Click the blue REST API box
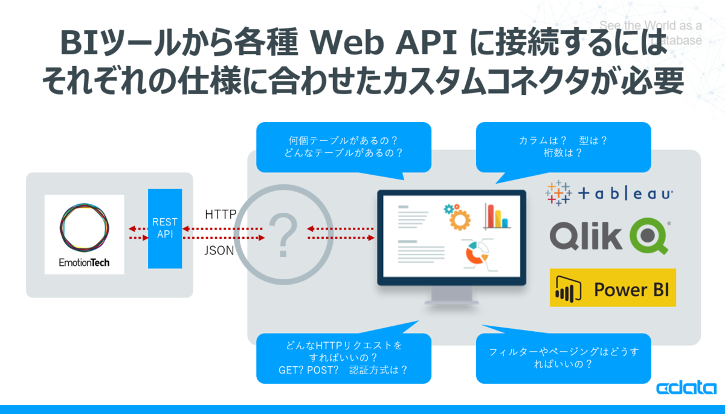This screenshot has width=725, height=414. [165, 228]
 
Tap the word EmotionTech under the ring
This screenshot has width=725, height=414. [84, 262]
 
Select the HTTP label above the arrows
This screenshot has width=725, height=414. [221, 215]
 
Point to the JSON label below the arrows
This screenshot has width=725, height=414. [219, 251]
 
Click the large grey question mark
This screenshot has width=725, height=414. [283, 234]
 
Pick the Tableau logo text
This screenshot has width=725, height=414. [625, 194]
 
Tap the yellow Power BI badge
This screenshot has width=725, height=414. [613, 288]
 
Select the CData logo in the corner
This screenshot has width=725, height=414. [686, 387]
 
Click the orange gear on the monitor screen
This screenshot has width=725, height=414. [460, 220]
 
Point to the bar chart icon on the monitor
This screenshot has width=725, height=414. [497, 216]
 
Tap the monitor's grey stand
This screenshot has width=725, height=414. [451, 296]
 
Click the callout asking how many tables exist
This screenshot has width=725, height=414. [344, 147]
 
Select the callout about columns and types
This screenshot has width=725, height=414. [564, 147]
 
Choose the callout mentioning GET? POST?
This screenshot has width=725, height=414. [344, 358]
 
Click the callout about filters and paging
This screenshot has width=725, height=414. [564, 358]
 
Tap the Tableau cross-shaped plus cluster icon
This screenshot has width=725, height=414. [558, 193]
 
